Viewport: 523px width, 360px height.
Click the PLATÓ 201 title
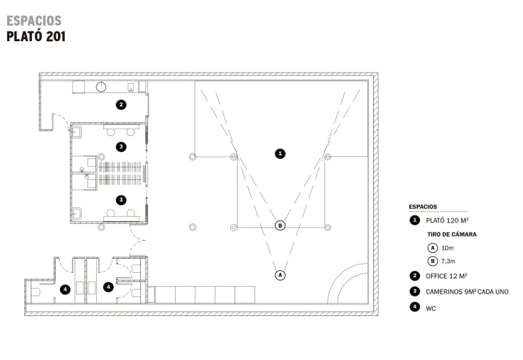click(36, 36)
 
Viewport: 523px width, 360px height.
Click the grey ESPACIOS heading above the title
click(34, 21)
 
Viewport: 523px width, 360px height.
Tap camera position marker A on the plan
click(280, 276)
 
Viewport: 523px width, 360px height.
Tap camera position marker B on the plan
click(280, 225)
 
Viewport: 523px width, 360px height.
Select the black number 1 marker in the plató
click(280, 153)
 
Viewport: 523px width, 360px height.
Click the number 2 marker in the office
click(121, 105)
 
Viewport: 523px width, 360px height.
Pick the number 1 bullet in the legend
click(415, 220)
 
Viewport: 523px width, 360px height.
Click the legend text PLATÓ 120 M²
click(447, 220)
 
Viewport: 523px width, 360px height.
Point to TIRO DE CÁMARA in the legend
click(452, 234)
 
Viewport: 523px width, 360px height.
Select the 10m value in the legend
click(447, 248)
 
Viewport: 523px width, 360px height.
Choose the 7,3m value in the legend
click(448, 261)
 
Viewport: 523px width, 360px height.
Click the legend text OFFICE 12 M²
click(446, 276)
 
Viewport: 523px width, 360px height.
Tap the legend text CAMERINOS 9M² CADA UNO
click(467, 292)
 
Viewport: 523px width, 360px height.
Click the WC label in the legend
click(431, 308)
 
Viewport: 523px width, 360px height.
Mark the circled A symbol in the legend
click(432, 248)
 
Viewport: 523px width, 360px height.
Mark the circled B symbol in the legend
click(432, 261)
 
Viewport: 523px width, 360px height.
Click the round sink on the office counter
click(101, 87)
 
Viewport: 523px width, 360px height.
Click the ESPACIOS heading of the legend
click(423, 207)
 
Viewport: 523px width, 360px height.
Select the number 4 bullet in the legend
click(415, 306)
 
